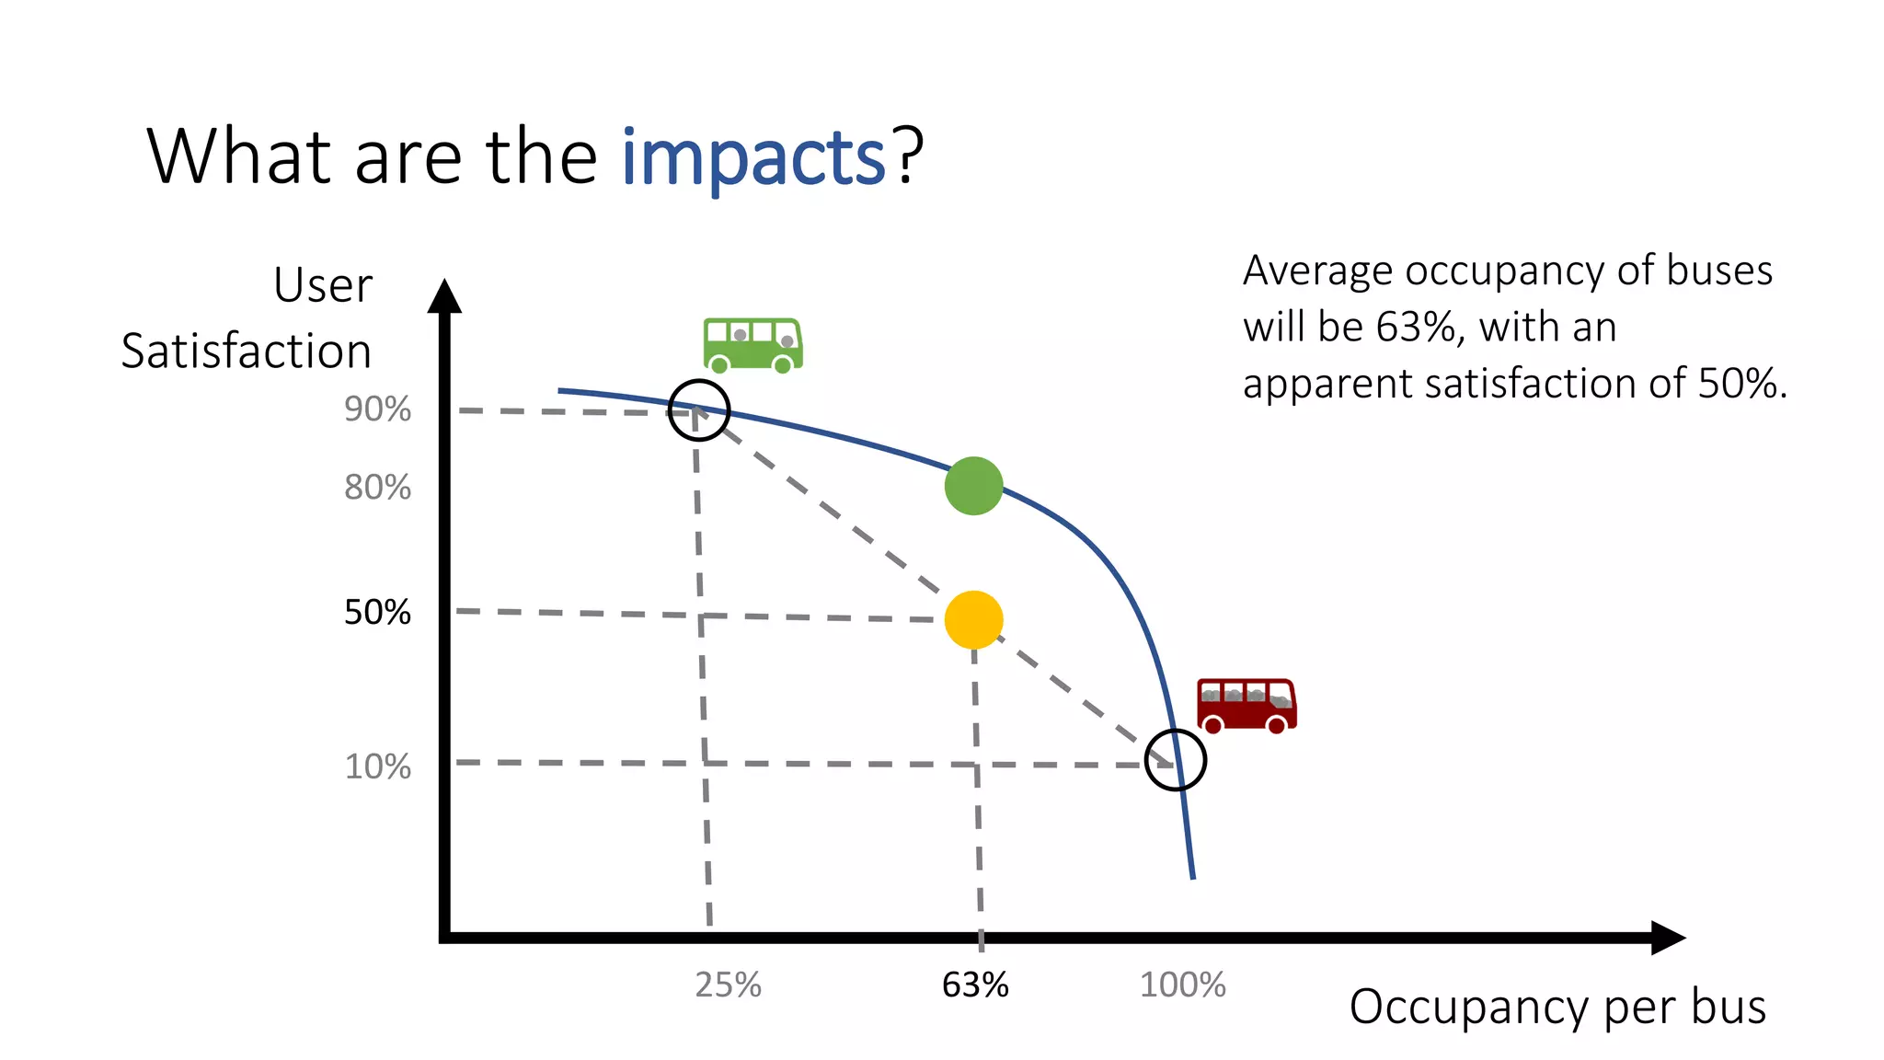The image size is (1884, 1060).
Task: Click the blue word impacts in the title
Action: click(752, 158)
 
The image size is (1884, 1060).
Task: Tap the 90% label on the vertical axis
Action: click(377, 409)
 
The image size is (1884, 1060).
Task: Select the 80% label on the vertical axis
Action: click(377, 488)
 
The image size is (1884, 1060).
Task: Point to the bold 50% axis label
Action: click(377, 613)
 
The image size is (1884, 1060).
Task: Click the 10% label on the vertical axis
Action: click(377, 766)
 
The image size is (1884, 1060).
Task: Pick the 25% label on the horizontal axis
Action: click(728, 985)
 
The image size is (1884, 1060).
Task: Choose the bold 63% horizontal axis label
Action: click(975, 985)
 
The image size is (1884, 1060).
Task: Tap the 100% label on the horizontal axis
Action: click(1182, 985)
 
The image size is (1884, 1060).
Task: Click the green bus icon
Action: click(752, 345)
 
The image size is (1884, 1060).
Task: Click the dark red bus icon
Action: click(1246, 706)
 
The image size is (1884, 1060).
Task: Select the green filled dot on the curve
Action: click(973, 486)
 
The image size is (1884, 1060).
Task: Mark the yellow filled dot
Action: click(973, 619)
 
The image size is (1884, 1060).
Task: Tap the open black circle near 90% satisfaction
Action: click(699, 410)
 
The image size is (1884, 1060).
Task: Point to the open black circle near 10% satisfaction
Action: click(1176, 760)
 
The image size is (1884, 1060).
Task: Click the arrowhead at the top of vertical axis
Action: click(444, 296)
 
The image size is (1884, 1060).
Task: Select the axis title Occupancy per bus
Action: click(1557, 1007)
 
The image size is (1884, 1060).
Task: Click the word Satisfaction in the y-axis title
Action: click(246, 351)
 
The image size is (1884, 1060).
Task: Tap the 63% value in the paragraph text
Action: click(1417, 328)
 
